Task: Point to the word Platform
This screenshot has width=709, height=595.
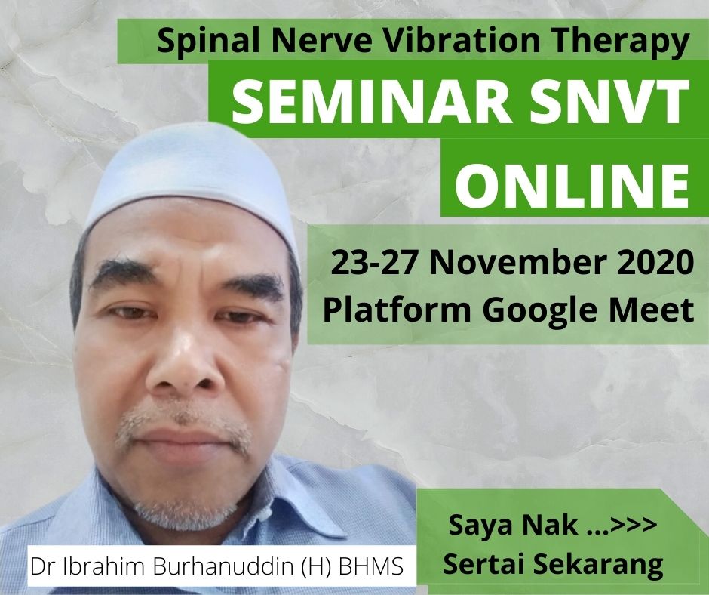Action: (397, 310)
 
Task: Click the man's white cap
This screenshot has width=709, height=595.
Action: (190, 177)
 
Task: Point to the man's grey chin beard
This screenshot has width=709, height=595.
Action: (186, 512)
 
